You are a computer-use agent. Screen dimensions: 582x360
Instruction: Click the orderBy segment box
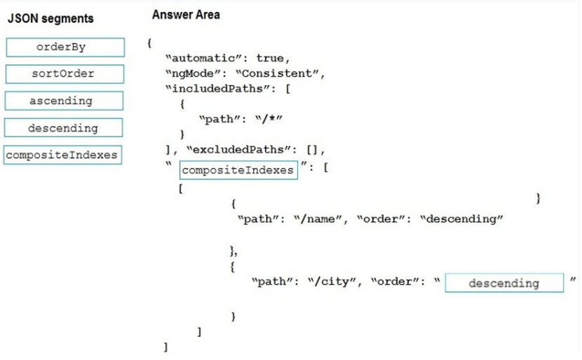[x=65, y=47]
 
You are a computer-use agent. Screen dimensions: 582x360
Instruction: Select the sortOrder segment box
[x=65, y=74]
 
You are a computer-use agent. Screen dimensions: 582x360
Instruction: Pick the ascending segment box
[x=64, y=101]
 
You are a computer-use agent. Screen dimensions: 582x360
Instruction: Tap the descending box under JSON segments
[x=63, y=128]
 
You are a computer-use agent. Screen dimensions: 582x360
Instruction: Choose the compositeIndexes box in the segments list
[x=63, y=155]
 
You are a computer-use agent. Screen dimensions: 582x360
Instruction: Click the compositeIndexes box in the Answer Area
[x=239, y=170]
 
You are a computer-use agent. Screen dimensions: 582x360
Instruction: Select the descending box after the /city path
[x=505, y=283]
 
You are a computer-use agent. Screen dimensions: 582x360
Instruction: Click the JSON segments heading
[x=51, y=18]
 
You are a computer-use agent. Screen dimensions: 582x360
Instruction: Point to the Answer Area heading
[x=186, y=15]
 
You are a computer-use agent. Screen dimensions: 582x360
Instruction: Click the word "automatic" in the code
[x=203, y=58]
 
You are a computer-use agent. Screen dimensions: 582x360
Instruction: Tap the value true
[x=270, y=58]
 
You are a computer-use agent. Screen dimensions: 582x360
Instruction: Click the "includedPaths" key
[x=217, y=89]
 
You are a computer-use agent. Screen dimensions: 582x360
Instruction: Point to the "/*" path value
[x=269, y=119]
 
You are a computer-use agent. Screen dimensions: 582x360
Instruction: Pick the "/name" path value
[x=318, y=219]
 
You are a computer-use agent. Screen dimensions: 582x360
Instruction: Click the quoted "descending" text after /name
[x=462, y=219]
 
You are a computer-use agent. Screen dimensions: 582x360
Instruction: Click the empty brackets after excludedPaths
[x=312, y=150]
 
